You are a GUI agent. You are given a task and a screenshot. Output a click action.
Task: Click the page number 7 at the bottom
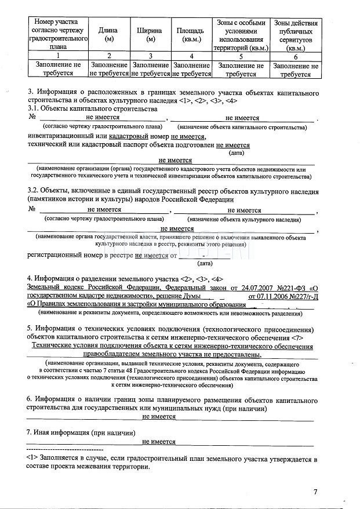(x=315, y=492)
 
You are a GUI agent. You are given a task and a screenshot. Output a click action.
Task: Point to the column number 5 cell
(x=241, y=56)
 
